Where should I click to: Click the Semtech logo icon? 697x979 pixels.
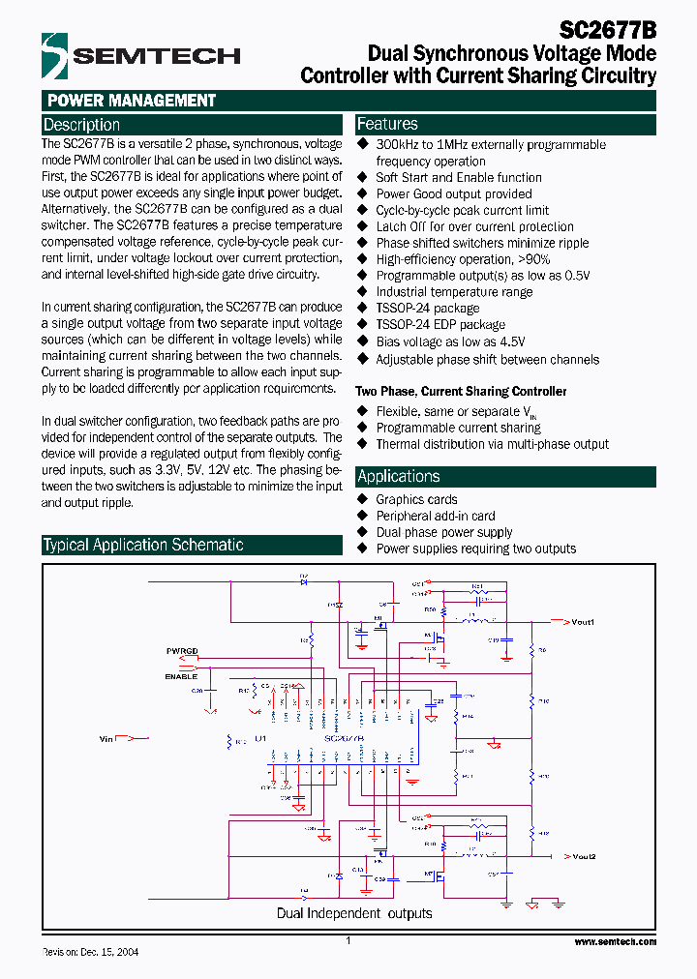click(55, 53)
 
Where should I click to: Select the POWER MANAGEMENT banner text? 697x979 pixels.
click(131, 101)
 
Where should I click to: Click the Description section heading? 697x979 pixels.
click(82, 125)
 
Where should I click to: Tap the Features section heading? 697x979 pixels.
click(387, 124)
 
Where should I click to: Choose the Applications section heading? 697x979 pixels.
click(398, 476)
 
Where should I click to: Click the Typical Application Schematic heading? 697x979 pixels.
click(143, 545)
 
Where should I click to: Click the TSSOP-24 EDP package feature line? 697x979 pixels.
click(440, 325)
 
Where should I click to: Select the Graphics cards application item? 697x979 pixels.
click(416, 499)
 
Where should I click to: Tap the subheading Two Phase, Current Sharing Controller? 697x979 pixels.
click(461, 392)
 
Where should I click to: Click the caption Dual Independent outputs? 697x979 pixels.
click(354, 913)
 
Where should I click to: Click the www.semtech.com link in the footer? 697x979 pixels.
click(615, 941)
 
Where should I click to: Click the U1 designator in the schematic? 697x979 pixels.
click(260, 738)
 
